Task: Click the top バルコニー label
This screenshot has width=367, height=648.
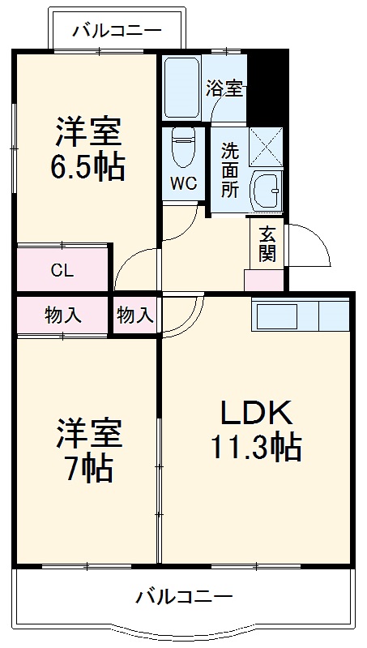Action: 117,32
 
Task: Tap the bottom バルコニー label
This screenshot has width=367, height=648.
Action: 184,598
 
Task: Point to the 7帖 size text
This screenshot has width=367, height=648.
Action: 88,469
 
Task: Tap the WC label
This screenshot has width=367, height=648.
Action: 183,183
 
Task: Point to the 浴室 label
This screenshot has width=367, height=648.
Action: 224,88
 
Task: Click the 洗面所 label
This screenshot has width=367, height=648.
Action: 230,170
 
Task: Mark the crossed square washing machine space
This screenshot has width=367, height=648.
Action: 265,147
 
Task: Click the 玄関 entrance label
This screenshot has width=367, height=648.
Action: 267,242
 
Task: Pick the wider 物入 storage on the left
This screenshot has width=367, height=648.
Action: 62,315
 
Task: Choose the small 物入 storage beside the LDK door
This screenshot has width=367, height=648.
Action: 135,315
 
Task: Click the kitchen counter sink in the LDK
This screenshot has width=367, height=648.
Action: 276,315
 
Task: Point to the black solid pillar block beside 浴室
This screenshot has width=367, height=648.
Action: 267,85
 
